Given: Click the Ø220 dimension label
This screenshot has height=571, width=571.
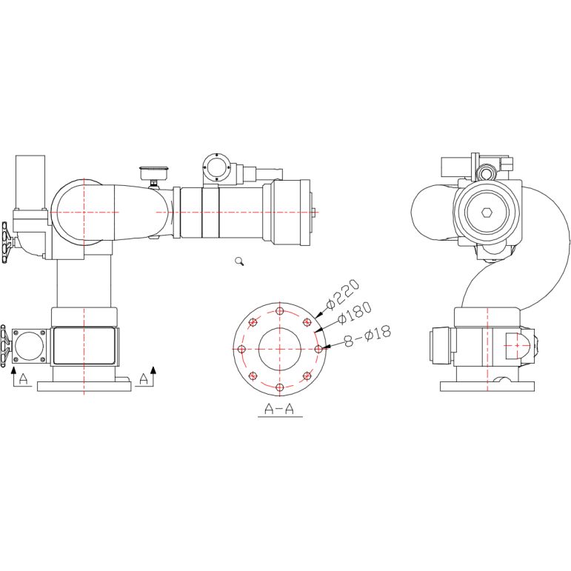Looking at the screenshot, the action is pos(342,294).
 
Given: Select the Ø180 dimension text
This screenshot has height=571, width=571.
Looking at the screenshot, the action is pos(355,313).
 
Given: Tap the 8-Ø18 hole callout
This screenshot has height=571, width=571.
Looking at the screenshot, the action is pos(367,335).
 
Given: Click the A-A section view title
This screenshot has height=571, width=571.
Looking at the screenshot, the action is pos(279,409).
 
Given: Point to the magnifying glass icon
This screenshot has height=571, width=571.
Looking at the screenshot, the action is pos(239,261).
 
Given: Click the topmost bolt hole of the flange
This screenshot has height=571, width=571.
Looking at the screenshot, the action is pos(280,311).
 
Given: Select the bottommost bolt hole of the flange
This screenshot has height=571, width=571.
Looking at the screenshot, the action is pos(280,387).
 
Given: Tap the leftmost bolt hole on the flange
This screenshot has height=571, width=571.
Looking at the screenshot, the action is pos(241,350).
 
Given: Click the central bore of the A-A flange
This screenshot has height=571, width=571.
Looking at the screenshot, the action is pos(280,350).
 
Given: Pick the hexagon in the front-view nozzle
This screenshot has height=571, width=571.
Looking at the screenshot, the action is pos(487,213).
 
